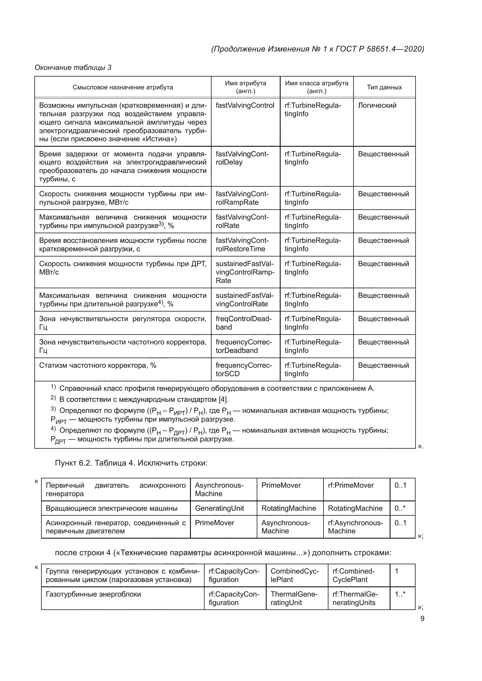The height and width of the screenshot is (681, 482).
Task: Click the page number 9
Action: (x=422, y=618)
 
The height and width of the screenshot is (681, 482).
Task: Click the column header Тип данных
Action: (x=384, y=87)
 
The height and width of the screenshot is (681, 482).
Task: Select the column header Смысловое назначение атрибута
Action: (x=123, y=87)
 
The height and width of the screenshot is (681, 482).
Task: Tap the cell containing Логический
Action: (x=377, y=105)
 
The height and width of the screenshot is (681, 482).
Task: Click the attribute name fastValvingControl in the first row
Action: (x=245, y=105)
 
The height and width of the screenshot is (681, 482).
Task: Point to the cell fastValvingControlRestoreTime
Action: (x=242, y=244)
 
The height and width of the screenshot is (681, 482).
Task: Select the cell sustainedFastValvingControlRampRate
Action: (x=245, y=272)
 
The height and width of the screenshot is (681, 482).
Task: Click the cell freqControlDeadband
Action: (x=243, y=323)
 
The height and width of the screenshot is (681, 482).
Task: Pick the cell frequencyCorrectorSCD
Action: (x=243, y=369)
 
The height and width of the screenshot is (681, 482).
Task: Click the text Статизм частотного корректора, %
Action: (x=98, y=365)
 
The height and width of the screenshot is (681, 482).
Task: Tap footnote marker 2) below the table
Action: (x=53, y=398)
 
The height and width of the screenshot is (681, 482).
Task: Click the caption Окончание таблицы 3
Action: (x=73, y=68)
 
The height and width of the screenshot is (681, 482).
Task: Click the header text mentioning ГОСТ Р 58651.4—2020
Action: (x=317, y=49)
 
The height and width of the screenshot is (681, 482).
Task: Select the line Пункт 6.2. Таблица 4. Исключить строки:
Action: (x=131, y=463)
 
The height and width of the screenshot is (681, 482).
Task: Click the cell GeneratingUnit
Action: (x=219, y=508)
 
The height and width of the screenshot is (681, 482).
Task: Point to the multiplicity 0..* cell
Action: (x=400, y=508)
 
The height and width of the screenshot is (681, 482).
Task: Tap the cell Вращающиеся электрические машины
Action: (x=112, y=508)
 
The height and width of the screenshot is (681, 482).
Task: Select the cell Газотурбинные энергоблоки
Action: (x=93, y=594)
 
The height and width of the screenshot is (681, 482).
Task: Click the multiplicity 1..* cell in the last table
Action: (x=400, y=594)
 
